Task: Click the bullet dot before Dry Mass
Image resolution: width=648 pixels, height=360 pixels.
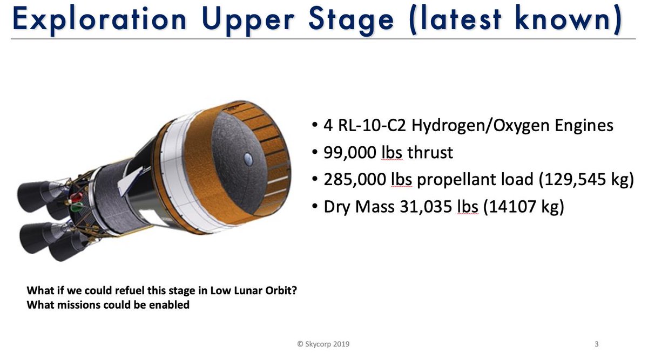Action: pos(315,207)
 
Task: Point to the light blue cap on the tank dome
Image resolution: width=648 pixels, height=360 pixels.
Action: pos(247,158)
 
